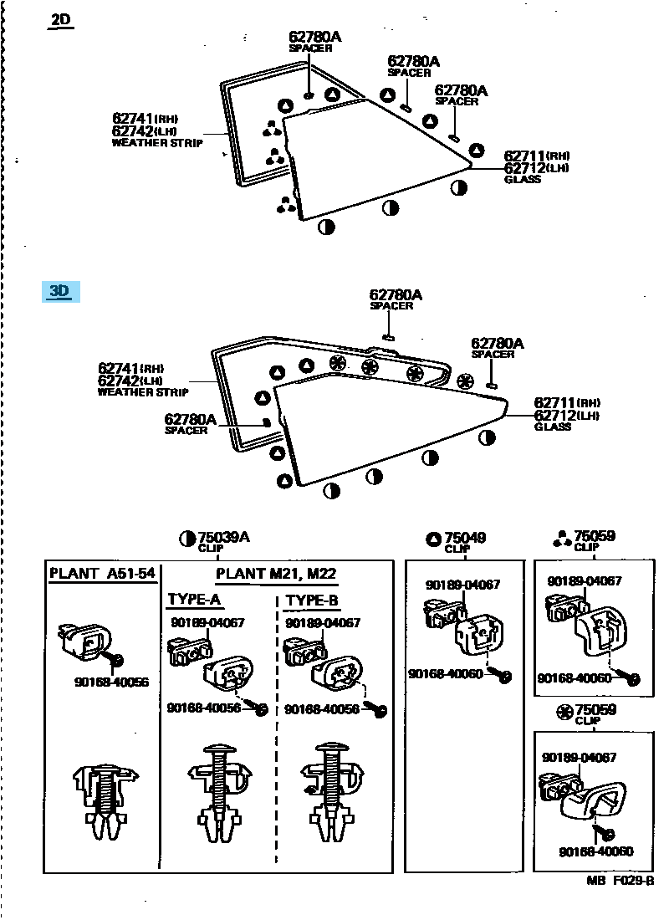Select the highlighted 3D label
pyautogui.click(x=59, y=291)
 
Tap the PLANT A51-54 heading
pyautogui.click(x=102, y=574)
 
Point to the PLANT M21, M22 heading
pyautogui.click(x=276, y=574)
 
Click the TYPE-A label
pyautogui.click(x=194, y=600)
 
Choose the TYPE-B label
pyautogui.click(x=312, y=600)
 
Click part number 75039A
pyautogui.click(x=224, y=538)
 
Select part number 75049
pyautogui.click(x=465, y=538)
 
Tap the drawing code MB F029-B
pyautogui.click(x=620, y=882)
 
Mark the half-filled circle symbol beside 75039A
pyautogui.click(x=187, y=539)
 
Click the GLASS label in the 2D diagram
pyautogui.click(x=523, y=179)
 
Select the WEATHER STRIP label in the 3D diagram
pyautogui.click(x=143, y=391)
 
